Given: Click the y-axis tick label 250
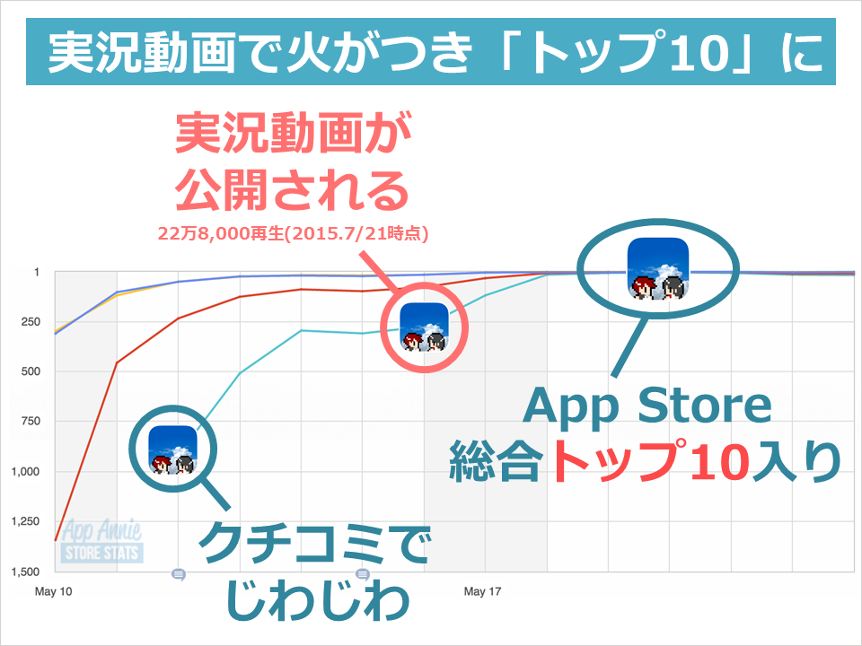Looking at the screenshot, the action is (x=31, y=322).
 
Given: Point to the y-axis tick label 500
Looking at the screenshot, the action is (x=31, y=371).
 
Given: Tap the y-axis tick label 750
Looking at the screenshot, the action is (x=31, y=422).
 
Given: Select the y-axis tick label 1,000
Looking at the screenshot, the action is (x=26, y=471).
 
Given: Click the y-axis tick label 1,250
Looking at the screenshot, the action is (x=26, y=521).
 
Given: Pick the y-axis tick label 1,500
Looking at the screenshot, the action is (x=26, y=572).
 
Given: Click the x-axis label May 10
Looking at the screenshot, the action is (x=53, y=591).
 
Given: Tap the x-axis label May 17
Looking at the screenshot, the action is (x=483, y=591).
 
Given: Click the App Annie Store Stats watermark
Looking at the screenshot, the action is (x=101, y=542).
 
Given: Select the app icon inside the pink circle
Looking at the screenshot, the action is (x=424, y=327).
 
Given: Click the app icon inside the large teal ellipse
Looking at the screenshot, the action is (x=658, y=268).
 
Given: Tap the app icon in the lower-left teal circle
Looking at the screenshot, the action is (x=172, y=450).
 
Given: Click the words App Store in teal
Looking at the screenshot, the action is (x=647, y=406).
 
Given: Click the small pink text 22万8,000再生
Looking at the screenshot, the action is (x=221, y=233).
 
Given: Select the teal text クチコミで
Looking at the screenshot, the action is (x=314, y=544).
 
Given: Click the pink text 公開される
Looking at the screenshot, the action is (x=292, y=189).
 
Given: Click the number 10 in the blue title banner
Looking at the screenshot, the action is (x=699, y=53).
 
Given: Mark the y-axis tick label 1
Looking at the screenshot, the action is (x=37, y=273).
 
